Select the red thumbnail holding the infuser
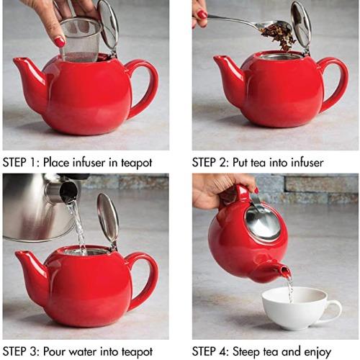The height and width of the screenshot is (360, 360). coord(60,42)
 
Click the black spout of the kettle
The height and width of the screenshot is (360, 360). coord(68,191)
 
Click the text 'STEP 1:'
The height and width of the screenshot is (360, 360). coord(22,163)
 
